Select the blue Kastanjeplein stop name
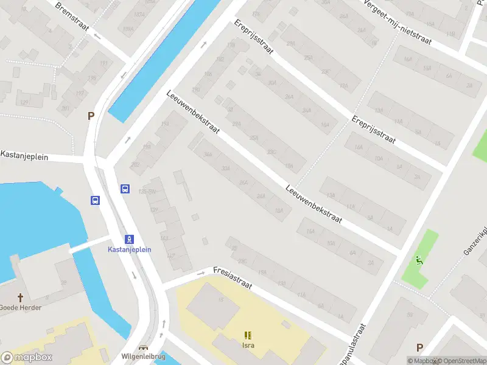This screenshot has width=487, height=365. tap(129, 249)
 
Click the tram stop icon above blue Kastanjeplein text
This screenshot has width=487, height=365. tap(129, 239)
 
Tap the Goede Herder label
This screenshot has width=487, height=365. tap(21, 307)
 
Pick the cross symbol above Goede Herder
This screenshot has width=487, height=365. tap(21, 297)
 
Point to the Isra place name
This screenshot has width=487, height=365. tap(248, 346)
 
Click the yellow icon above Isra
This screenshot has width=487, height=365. tap(248, 335)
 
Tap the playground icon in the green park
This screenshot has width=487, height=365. tap(419, 260)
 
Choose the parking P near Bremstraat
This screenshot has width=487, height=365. tap(91, 116)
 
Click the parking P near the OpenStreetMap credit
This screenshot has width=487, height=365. tap(419, 347)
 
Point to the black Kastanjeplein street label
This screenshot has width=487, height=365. tap(24, 156)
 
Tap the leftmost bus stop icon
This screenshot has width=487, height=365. tap(96, 200)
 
